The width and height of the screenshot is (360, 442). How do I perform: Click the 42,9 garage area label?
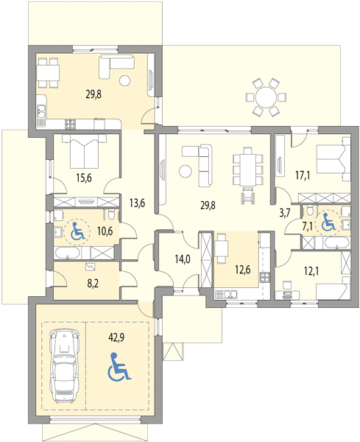click(116, 337)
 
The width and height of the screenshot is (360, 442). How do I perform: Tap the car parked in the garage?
click(63, 365)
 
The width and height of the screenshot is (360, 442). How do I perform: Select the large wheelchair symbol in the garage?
click(119, 366)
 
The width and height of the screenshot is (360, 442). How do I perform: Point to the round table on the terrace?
click(266, 97)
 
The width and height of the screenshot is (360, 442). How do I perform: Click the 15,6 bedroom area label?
click(84, 178)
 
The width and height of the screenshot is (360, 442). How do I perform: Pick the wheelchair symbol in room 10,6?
click(77, 231)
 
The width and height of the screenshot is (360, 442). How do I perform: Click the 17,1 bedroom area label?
click(303, 175)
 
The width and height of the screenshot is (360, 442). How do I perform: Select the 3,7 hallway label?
click(284, 213)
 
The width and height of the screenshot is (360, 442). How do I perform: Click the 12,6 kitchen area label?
click(242, 270)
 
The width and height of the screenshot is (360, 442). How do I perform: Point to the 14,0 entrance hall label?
click(183, 259)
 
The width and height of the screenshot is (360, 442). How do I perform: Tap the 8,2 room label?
click(93, 284)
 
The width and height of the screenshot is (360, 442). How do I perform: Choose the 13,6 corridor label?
click(137, 203)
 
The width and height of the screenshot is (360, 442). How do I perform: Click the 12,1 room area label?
click(311, 271)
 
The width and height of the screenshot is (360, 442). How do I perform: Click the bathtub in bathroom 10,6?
click(68, 253)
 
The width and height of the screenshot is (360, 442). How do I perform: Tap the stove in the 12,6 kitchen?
click(265, 278)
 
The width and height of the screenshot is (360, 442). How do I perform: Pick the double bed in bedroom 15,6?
click(84, 152)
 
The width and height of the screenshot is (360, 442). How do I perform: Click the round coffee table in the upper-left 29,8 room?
click(125, 81)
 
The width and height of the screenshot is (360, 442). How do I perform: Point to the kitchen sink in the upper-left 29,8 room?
click(41, 110)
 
